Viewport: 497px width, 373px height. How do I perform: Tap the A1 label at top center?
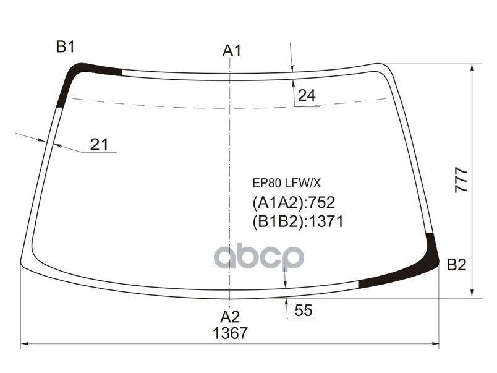[231, 51]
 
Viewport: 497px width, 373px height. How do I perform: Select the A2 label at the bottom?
[230, 317]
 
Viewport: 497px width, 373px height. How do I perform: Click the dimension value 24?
[307, 96]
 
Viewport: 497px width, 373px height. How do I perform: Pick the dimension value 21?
[99, 145]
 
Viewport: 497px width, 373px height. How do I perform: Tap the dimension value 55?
[303, 311]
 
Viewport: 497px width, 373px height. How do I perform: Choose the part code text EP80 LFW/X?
[286, 183]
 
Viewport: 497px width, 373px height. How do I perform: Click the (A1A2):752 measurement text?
[293, 202]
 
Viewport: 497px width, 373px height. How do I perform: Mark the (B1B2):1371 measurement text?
[297, 221]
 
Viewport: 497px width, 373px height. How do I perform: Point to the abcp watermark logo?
[259, 257]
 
